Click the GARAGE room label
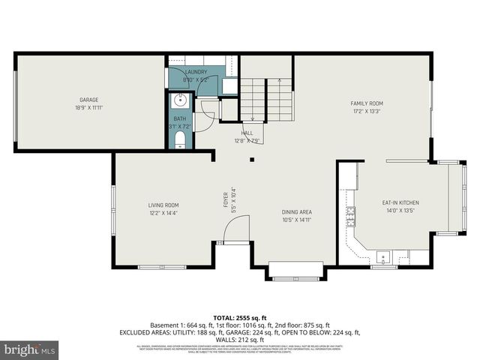tap(89, 100)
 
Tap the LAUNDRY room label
tap(196, 72)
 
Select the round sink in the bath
tap(180, 101)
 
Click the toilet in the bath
tap(180, 139)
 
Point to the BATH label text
tap(180, 118)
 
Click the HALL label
tap(247, 133)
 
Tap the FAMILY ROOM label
tap(367, 103)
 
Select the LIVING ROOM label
tap(163, 205)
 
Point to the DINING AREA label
tap(297, 212)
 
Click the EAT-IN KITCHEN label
tap(400, 202)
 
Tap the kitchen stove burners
tap(349, 217)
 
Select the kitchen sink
tap(382, 257)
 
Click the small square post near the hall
tap(253, 159)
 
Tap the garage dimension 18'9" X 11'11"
tap(89, 108)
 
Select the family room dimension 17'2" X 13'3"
tap(367, 111)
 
